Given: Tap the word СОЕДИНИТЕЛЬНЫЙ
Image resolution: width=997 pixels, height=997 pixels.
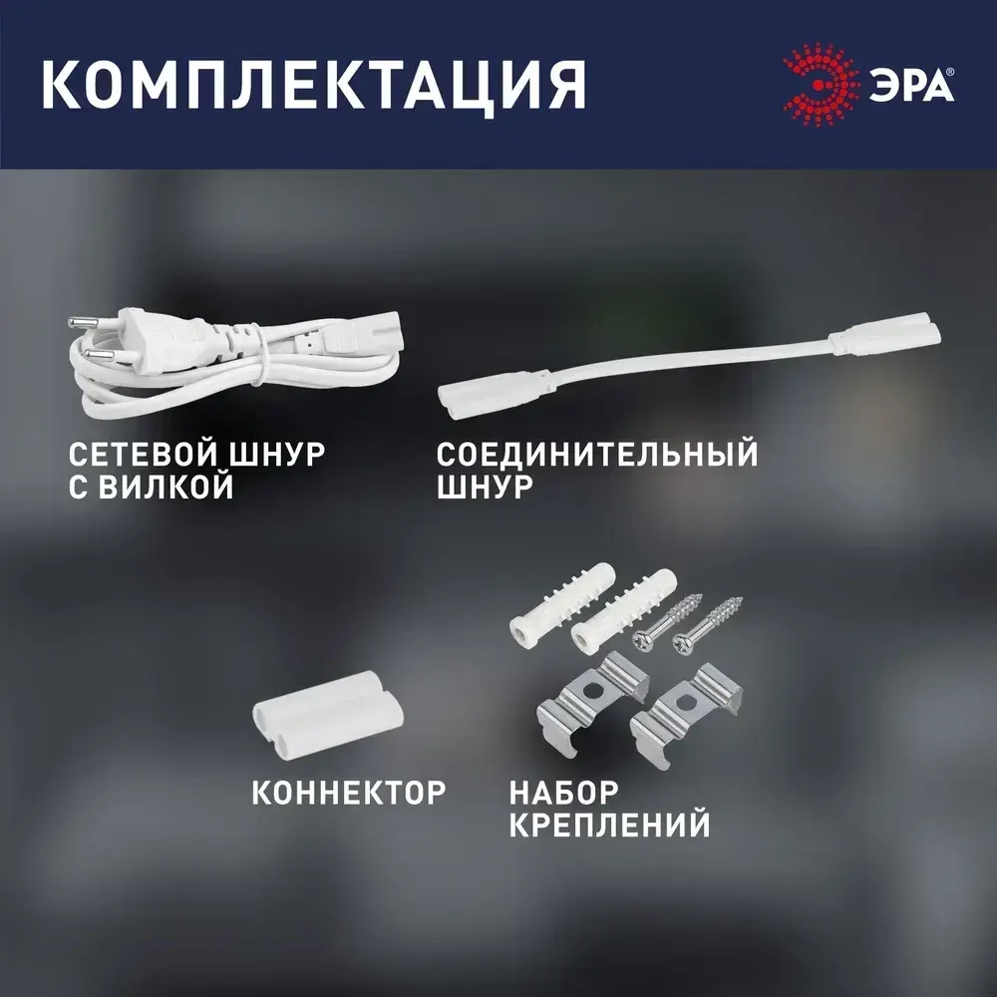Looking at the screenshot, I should click(x=597, y=455).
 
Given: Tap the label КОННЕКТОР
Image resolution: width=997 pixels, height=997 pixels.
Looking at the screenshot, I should click(x=348, y=794).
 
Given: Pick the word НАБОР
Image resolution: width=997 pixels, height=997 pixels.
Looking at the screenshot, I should click(x=563, y=794).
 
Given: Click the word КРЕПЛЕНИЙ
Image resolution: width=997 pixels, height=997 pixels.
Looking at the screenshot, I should click(x=609, y=826).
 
